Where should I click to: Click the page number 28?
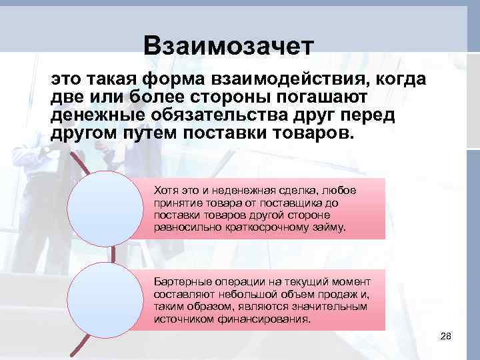pyautogui.click(x=446, y=335)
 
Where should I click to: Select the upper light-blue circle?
pyautogui.click(x=108, y=208)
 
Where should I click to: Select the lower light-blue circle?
pyautogui.click(x=108, y=299)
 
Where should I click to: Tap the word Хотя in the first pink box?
pyautogui.click(x=165, y=191)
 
